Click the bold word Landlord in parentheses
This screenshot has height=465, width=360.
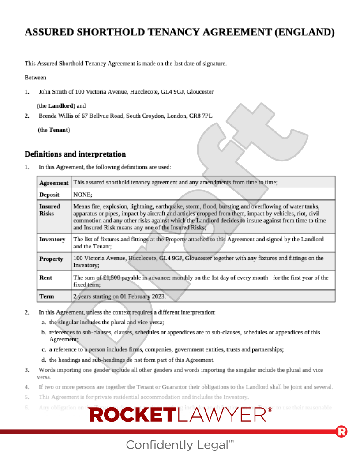tap(60, 106)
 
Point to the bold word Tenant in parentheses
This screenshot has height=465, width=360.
tap(58, 130)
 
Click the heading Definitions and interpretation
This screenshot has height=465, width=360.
tap(75, 154)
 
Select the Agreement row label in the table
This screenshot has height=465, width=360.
tap(54, 183)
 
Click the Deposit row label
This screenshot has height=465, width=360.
tap(49, 195)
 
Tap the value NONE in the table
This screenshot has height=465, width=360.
tap(82, 195)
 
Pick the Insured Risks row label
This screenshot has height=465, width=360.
tap(49, 210)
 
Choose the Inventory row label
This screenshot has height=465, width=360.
tap(52, 239)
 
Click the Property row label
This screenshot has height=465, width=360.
tap(51, 259)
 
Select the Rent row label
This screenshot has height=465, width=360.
tap(45, 277)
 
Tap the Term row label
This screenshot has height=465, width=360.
tap(46, 296)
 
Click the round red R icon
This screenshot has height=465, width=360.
tap(341, 431)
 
